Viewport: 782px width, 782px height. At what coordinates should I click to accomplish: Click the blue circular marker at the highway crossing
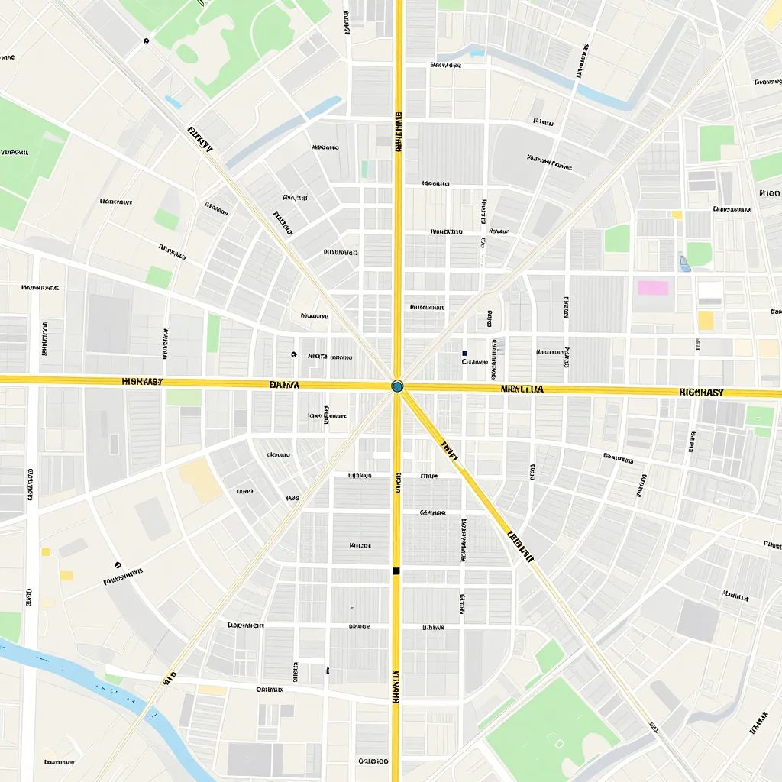pyautogui.click(x=397, y=386)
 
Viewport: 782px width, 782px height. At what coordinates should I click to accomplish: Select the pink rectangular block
pyautogui.click(x=653, y=288)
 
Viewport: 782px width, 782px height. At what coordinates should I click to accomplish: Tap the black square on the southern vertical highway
pyautogui.click(x=396, y=571)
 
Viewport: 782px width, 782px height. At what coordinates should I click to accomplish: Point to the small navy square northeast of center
pyautogui.click(x=464, y=353)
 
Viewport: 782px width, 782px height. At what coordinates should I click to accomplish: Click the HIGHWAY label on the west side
pyautogui.click(x=142, y=381)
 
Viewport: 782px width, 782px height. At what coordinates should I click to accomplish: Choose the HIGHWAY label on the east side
pyautogui.click(x=701, y=392)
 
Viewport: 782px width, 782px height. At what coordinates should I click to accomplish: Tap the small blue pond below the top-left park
pyautogui.click(x=173, y=102)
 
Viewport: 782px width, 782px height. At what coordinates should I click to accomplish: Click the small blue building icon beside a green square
pyautogui.click(x=683, y=263)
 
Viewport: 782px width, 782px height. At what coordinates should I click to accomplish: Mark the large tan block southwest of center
pyautogui.click(x=200, y=480)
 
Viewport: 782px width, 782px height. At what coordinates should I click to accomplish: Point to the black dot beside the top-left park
pyautogui.click(x=146, y=42)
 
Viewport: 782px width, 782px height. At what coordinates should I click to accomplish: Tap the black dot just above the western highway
pyautogui.click(x=293, y=354)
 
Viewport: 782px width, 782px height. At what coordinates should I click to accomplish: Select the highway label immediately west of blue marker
pyautogui.click(x=285, y=385)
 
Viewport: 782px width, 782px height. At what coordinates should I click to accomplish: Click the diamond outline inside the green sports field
pyautogui.click(x=557, y=742)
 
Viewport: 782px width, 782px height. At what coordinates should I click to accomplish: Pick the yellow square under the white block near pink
pyautogui.click(x=706, y=320)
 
